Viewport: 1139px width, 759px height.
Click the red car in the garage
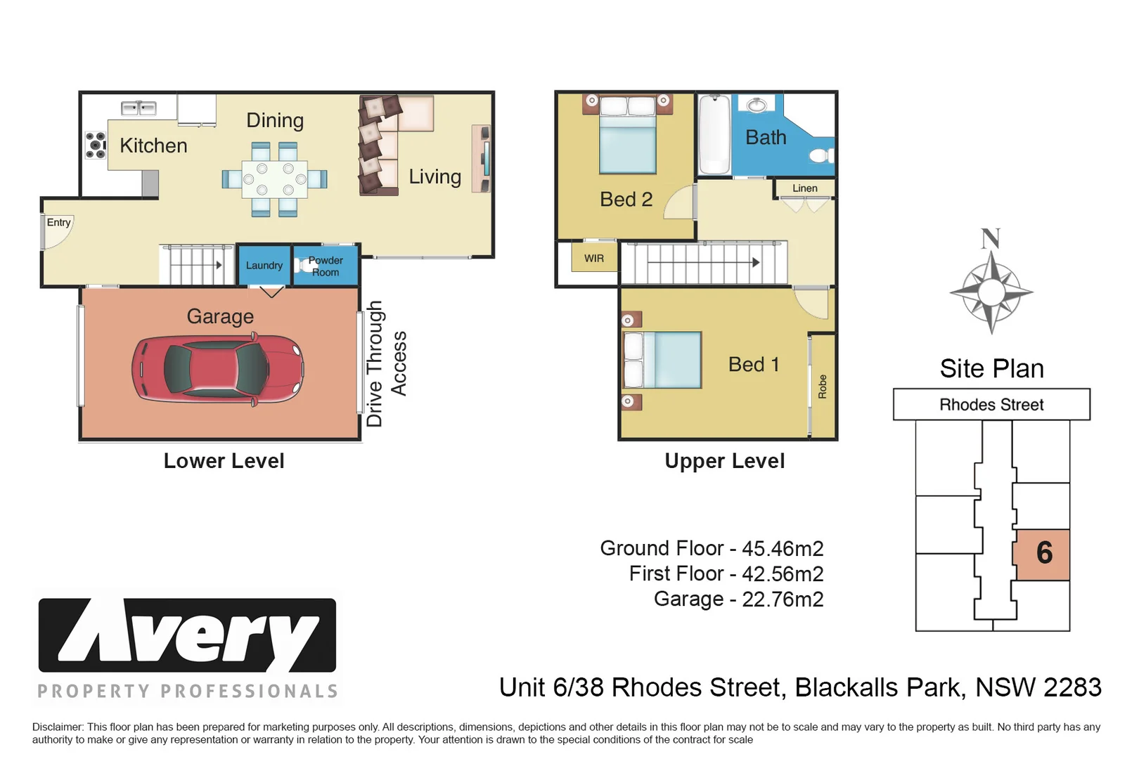[x=218, y=370]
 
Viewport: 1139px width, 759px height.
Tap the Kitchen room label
[x=153, y=146]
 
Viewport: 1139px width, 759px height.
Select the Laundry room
[x=264, y=266]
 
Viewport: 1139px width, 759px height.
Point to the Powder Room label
[x=326, y=266]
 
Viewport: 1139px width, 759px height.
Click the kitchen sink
[x=139, y=108]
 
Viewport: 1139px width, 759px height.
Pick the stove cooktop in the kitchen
[x=95, y=145]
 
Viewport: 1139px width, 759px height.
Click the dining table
[x=275, y=179]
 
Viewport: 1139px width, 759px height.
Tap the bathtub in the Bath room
[x=714, y=134]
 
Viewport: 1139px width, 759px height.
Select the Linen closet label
[x=805, y=188]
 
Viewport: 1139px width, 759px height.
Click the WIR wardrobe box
[x=594, y=258]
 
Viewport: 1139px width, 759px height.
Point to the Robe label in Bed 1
[x=822, y=387]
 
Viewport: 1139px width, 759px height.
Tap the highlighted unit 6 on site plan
[x=1043, y=554]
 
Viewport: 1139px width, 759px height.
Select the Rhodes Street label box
[x=991, y=405]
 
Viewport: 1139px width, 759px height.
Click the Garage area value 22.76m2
[x=783, y=599]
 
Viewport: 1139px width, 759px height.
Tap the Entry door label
[x=58, y=222]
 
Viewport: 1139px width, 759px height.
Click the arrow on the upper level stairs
[x=704, y=262]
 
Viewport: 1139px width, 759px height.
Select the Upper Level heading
[x=725, y=461]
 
